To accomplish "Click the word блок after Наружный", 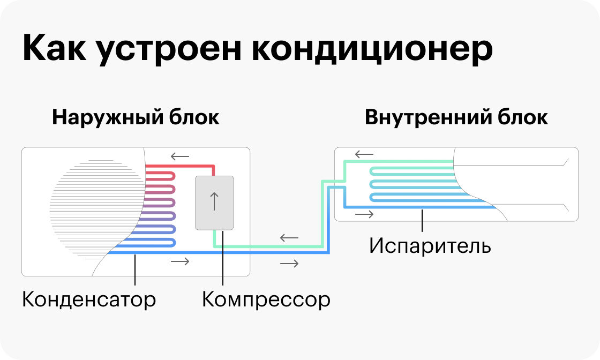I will pos(193,118).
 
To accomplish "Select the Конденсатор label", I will pos(89,299).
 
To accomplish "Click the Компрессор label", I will pos(266,299).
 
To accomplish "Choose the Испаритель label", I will pos(430,246).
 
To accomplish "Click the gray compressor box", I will pos(214,202).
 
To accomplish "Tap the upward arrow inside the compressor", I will pos(214,201).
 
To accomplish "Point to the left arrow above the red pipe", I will pos(180,157).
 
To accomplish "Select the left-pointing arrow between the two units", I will pos(289,237).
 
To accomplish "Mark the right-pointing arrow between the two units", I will pos(289,263).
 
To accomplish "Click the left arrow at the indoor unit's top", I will pos(364,155).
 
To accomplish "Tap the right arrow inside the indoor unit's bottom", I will pos(364,215).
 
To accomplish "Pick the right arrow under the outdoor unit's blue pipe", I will pos(180,261).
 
